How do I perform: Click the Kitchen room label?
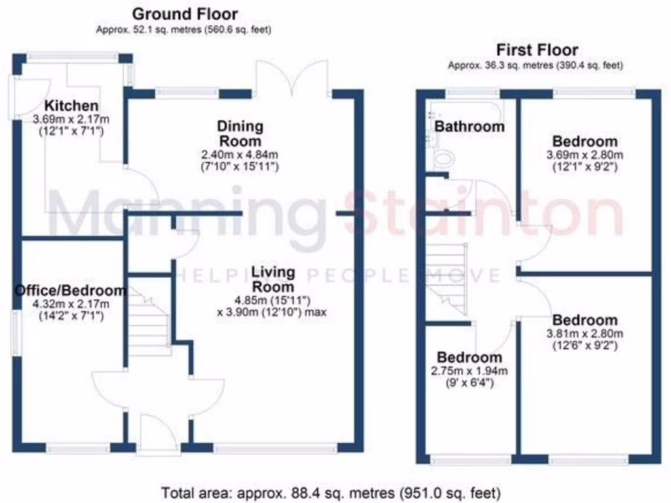(71, 106)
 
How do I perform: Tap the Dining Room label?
(240, 134)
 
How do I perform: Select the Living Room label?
(274, 280)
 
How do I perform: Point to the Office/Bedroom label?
(71, 291)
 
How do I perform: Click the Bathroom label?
(470, 126)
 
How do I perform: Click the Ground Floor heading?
(185, 14)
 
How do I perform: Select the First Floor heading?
(537, 50)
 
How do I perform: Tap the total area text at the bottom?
(332, 491)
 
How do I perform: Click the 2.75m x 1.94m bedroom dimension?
(469, 370)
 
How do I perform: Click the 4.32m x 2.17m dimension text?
(71, 304)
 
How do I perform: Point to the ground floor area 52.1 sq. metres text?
(183, 29)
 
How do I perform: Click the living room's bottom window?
(275, 449)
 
